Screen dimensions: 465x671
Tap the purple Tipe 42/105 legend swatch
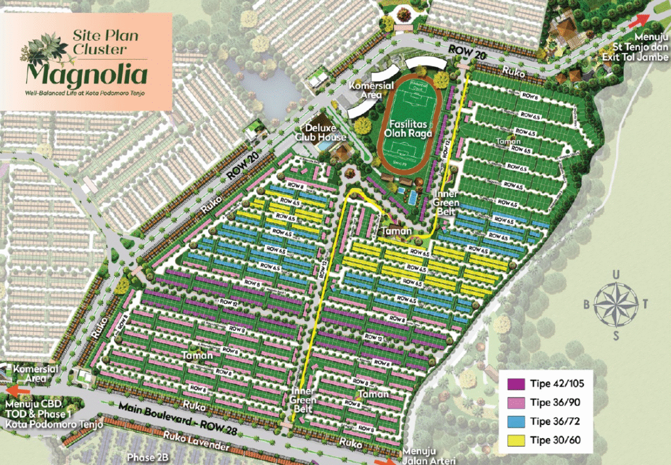pyautogui.click(x=516, y=384)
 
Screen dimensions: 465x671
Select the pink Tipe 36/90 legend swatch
pyautogui.click(x=516, y=403)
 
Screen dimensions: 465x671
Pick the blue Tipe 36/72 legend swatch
pyautogui.click(x=516, y=421)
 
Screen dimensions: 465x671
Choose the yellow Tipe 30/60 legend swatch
pyautogui.click(x=516, y=440)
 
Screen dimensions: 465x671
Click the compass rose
pyautogui.click(x=616, y=303)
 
